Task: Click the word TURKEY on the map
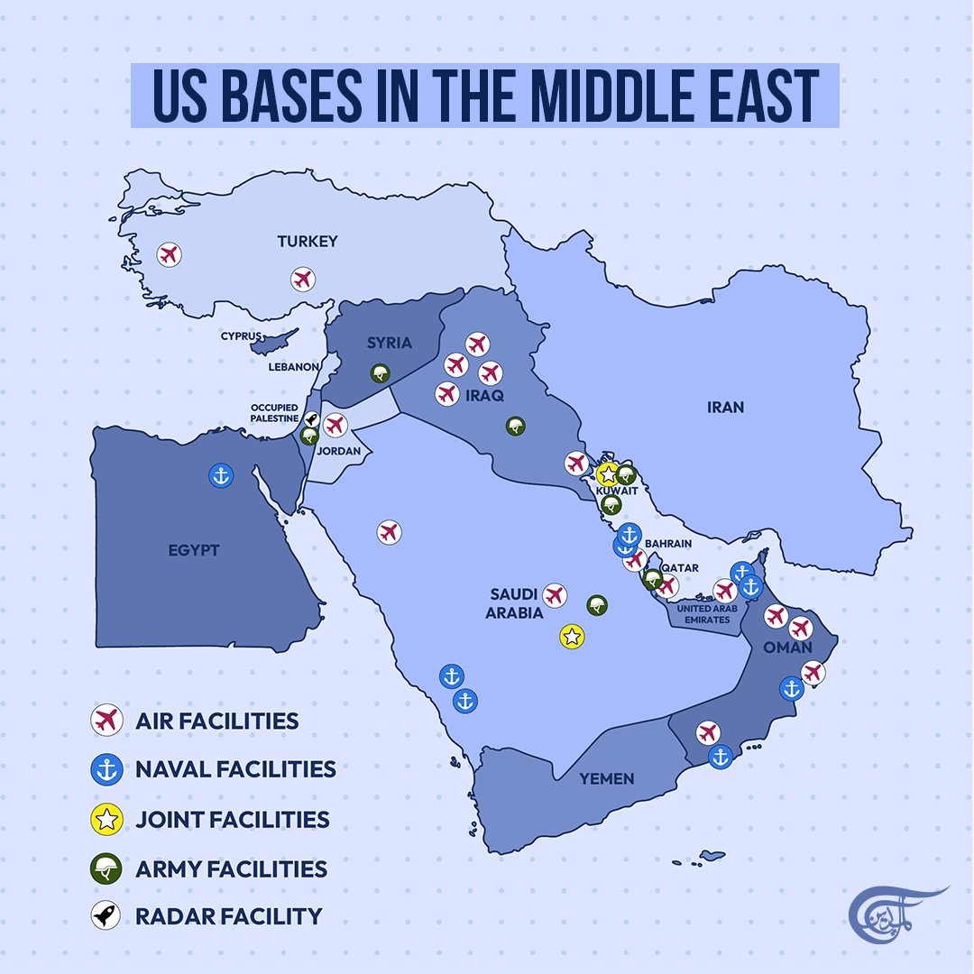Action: coord(308,241)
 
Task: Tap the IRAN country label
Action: coord(725,408)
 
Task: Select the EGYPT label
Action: coord(193,550)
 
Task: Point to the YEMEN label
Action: coord(607,778)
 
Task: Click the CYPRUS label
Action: coord(241,336)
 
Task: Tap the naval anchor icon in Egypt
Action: coord(220,475)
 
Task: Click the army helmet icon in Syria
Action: coord(381,373)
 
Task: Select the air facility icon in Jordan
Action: coord(335,425)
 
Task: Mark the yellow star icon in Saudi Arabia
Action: coord(570,637)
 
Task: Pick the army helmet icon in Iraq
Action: coord(516,427)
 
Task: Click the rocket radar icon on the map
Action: coord(312,419)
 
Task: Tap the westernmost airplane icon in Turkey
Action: coord(169,255)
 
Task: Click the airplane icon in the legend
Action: coord(106,721)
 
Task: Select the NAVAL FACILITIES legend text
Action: coord(234,769)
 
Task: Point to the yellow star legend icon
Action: coord(106,820)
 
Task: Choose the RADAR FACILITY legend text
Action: coord(228,916)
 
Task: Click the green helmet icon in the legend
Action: coord(106,869)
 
